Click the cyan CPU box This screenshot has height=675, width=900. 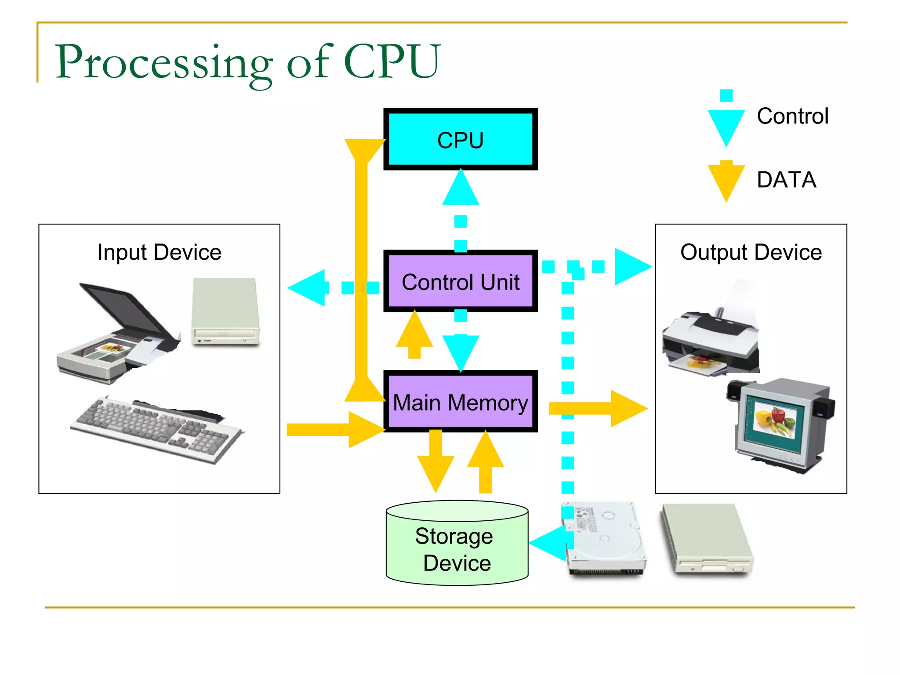[x=460, y=139]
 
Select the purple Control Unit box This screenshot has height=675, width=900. [x=460, y=281]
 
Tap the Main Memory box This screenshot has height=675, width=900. [x=460, y=402]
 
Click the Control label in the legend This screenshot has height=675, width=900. [x=792, y=116]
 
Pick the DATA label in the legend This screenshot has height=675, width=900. [x=786, y=180]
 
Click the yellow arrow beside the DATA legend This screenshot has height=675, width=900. [x=726, y=180]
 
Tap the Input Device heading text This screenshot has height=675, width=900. [x=159, y=252]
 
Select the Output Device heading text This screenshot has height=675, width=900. [x=751, y=252]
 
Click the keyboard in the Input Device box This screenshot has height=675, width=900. [x=156, y=428]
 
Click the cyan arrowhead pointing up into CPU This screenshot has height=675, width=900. [x=460, y=188]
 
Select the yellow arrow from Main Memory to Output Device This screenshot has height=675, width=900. [x=598, y=408]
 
